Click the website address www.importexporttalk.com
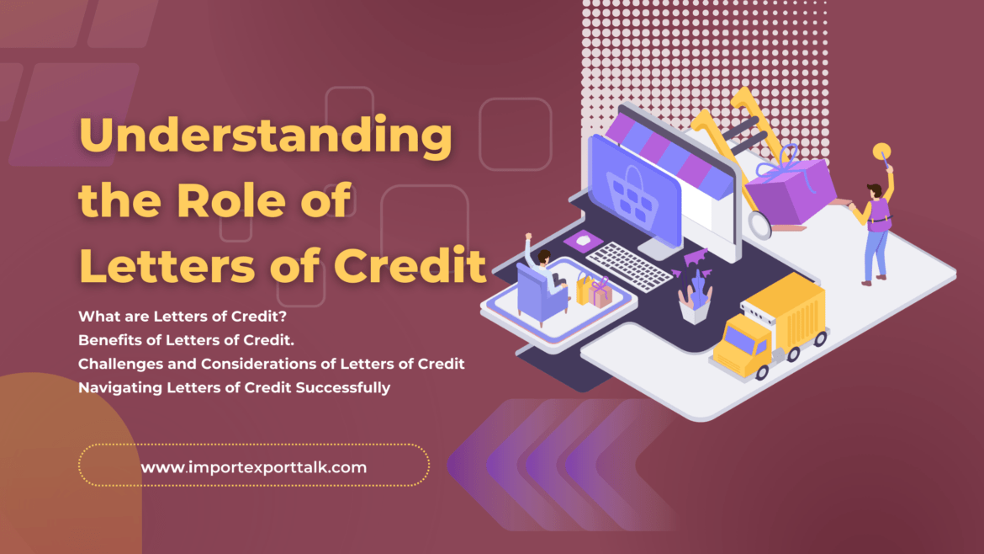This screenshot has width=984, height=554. (253, 466)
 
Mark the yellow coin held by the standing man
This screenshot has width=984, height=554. (881, 152)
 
